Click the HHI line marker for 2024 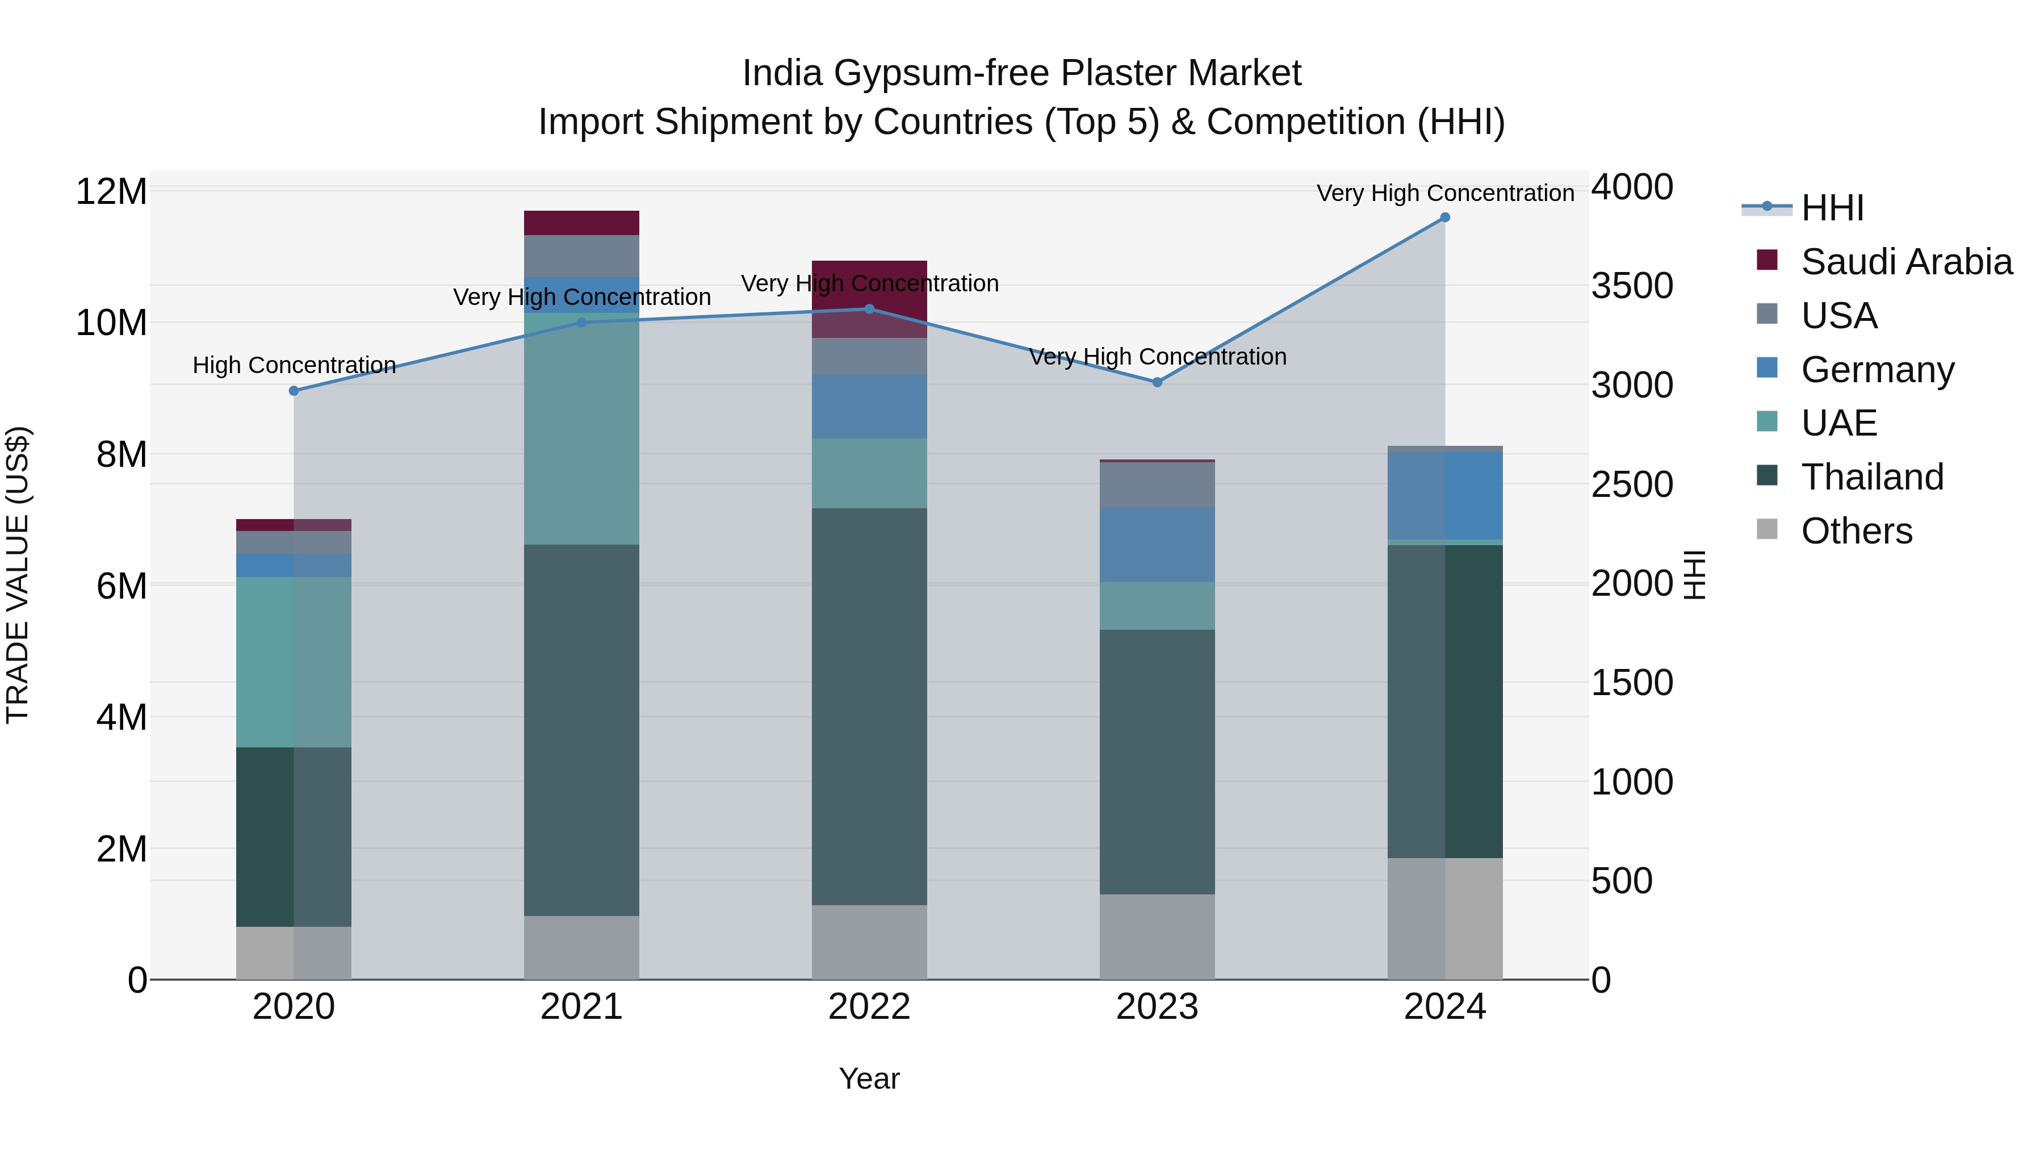tap(1444, 218)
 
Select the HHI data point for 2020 tap(294, 391)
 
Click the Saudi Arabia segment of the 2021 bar tap(581, 223)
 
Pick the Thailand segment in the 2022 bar tap(869, 706)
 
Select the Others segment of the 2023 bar tap(1157, 936)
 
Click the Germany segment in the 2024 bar tap(1444, 496)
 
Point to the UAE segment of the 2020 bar tap(294, 662)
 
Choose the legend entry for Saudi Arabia tap(1906, 262)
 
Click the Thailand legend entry tap(1872, 477)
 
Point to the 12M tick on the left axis tap(111, 192)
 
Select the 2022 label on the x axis tap(869, 1007)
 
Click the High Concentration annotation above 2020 tap(294, 365)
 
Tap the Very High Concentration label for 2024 tap(1444, 193)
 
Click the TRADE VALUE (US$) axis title tap(18, 575)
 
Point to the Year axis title tap(869, 1078)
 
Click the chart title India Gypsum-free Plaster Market tap(1021, 73)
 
